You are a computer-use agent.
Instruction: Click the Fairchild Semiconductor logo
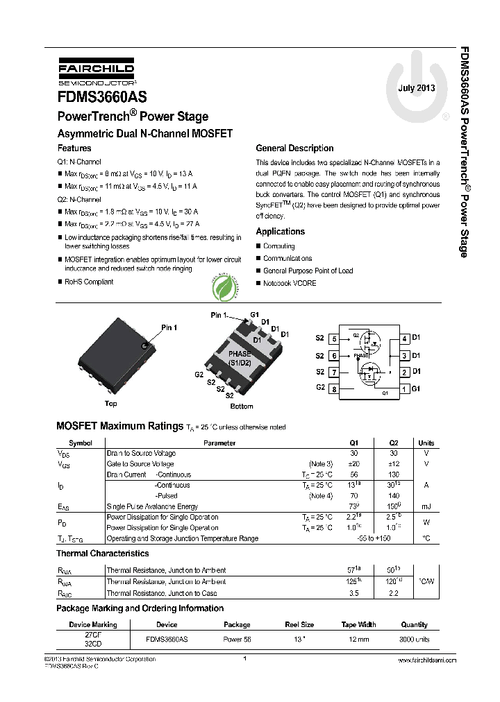[87, 71]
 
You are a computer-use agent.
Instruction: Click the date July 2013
[417, 88]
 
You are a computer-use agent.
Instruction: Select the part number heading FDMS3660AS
[101, 98]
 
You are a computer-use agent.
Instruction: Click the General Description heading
[294, 148]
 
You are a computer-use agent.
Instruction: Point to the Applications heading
[280, 232]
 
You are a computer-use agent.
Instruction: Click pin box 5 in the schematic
[334, 339]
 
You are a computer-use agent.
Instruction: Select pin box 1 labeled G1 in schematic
[403, 389]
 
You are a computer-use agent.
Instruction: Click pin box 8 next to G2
[334, 389]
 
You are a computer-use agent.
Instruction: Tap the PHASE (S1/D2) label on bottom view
[240, 358]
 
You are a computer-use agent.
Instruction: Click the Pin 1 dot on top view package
[144, 345]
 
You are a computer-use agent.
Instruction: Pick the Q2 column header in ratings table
[394, 443]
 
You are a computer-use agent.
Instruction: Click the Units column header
[426, 443]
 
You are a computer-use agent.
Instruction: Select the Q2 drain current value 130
[394, 474]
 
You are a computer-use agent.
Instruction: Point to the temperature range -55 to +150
[374, 538]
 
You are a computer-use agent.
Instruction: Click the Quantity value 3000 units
[415, 639]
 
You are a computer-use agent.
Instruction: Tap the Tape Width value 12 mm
[358, 639]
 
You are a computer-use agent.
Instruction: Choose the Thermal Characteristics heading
[102, 554]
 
